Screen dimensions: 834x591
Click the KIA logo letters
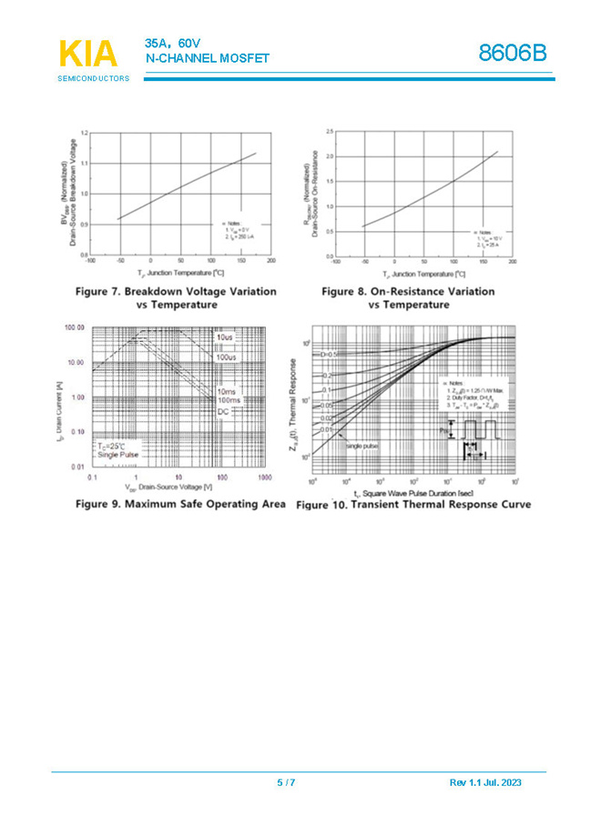tap(88, 55)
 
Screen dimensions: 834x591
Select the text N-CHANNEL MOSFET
tap(208, 58)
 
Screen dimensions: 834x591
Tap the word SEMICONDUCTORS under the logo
tap(93, 79)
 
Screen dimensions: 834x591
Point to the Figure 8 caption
tap(408, 297)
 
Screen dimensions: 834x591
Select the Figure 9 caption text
tap(180, 503)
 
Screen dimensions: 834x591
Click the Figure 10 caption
tap(413, 504)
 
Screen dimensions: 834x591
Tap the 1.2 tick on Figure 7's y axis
tap(83, 134)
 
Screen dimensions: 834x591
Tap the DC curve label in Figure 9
tap(223, 412)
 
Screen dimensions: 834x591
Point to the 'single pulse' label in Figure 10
tap(362, 446)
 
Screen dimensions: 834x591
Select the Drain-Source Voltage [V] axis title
tap(176, 488)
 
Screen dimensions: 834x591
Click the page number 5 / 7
tap(286, 782)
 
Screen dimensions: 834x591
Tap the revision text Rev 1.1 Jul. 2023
tap(485, 782)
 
